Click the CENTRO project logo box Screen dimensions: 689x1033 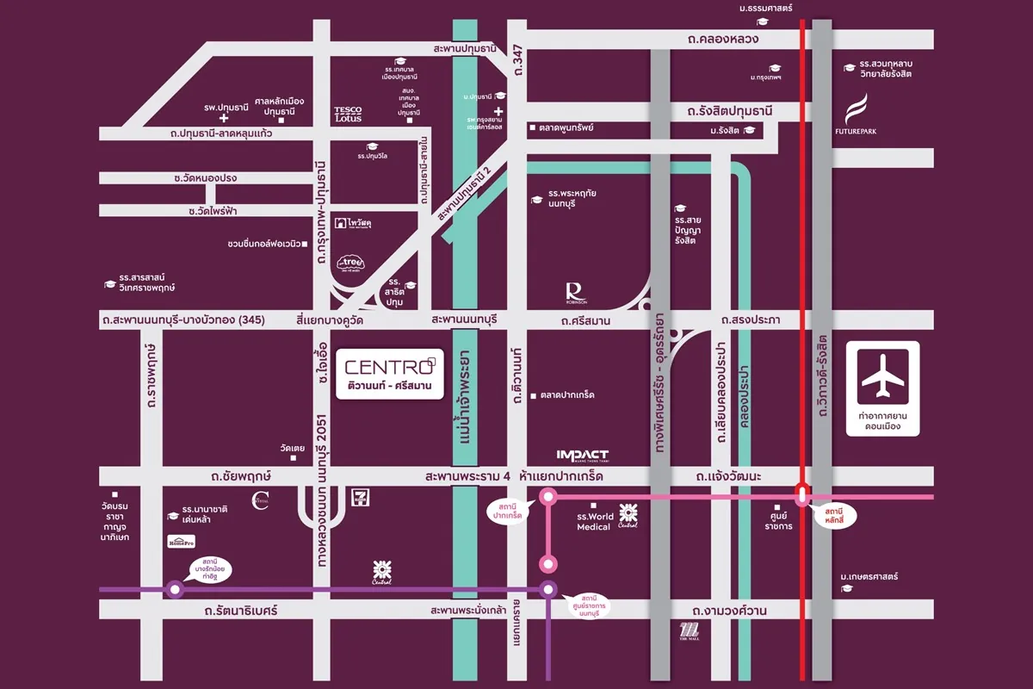pyautogui.click(x=390, y=373)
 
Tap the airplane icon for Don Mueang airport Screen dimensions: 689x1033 pyautogui.click(x=882, y=376)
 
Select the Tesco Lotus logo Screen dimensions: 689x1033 pyautogui.click(x=348, y=114)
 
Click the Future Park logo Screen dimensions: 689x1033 pyautogui.click(x=857, y=117)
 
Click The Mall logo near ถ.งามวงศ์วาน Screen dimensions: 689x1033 pyautogui.click(x=690, y=631)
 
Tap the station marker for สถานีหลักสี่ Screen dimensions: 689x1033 pyautogui.click(x=802, y=496)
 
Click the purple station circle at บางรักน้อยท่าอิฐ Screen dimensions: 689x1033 pyautogui.click(x=176, y=590)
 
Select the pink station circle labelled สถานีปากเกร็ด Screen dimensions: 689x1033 pyautogui.click(x=547, y=496)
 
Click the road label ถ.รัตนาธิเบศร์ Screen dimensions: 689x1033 pyautogui.click(x=241, y=610)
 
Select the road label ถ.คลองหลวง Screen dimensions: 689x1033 pyautogui.click(x=723, y=40)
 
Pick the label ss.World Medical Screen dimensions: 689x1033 pyautogui.click(x=594, y=521)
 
